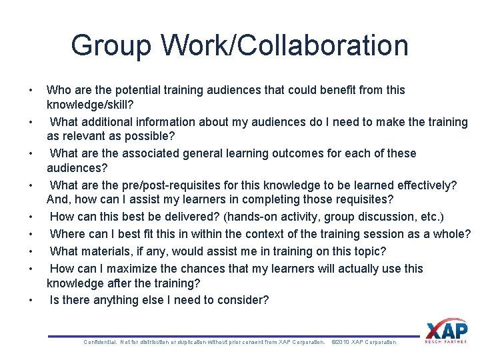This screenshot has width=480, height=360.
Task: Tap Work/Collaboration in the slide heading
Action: (x=285, y=46)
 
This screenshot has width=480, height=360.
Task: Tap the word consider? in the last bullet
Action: (x=244, y=300)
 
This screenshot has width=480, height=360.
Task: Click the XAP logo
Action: (x=446, y=330)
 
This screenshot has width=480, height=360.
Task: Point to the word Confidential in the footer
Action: (x=100, y=343)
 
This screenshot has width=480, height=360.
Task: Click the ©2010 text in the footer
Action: (x=340, y=343)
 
